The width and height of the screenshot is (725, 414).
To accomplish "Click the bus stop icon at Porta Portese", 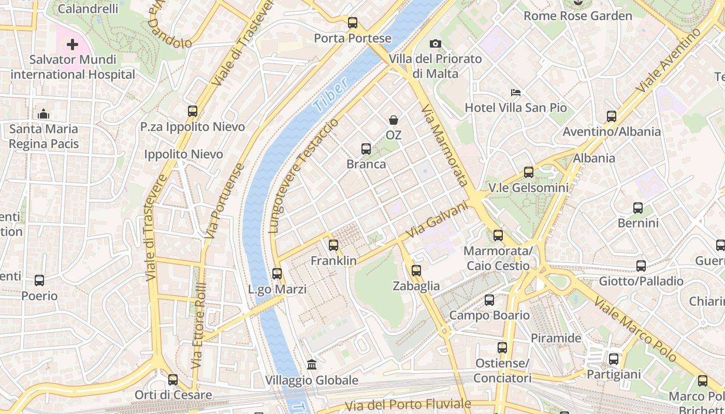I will point(353,23).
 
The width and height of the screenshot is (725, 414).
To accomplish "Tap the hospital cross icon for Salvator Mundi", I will point(72,45).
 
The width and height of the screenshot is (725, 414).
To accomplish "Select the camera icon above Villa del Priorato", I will point(436,44).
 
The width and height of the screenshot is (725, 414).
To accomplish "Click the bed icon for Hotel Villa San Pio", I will point(516,93).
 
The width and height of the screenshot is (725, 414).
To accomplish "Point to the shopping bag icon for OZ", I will point(394,120).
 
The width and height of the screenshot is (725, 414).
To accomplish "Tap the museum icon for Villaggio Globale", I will point(312,365).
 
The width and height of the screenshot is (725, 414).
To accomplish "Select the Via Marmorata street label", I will point(445,145).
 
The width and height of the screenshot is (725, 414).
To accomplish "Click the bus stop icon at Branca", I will point(366,149).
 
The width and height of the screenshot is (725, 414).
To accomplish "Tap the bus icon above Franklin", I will point(334,245).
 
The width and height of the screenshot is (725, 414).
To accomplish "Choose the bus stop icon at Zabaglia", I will point(416,271).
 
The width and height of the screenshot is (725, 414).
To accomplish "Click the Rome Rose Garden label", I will point(578,16).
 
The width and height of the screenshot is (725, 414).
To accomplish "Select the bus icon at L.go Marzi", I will point(277,274).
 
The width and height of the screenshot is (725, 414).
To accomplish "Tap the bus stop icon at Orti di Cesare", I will point(173,380).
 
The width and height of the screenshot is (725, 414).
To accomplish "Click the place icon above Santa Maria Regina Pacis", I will point(44,113).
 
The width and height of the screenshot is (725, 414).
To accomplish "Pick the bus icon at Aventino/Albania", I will point(612,116).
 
